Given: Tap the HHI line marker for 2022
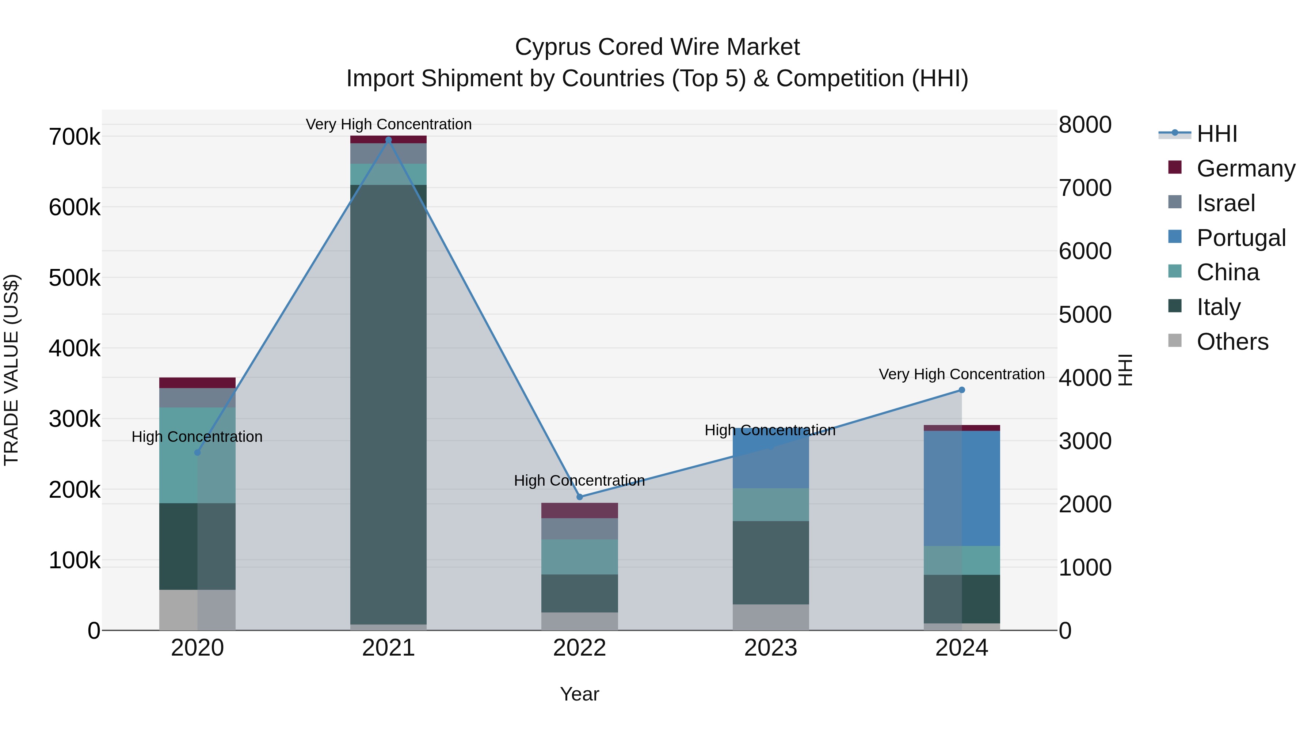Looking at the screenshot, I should coord(579,497).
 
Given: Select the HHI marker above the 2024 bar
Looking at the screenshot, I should coord(962,390).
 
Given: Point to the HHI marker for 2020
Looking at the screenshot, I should coord(198,452).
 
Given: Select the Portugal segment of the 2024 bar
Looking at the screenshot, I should coord(962,488).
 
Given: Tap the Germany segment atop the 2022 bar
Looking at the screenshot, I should coord(579,510).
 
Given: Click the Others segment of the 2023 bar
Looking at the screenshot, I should coord(770,617).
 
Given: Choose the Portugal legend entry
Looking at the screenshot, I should coord(1240,238).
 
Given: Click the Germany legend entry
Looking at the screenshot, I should coord(1246,168).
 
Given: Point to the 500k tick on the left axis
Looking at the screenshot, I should coord(75,278).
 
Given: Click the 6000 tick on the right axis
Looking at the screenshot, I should coord(1085,251).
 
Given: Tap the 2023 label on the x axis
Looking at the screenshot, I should coord(770,648).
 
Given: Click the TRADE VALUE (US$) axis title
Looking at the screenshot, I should coord(11,370).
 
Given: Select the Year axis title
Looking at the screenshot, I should coord(579,694).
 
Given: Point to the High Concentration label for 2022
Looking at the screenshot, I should coord(579,481).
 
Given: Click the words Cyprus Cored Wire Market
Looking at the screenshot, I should coord(657,47).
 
